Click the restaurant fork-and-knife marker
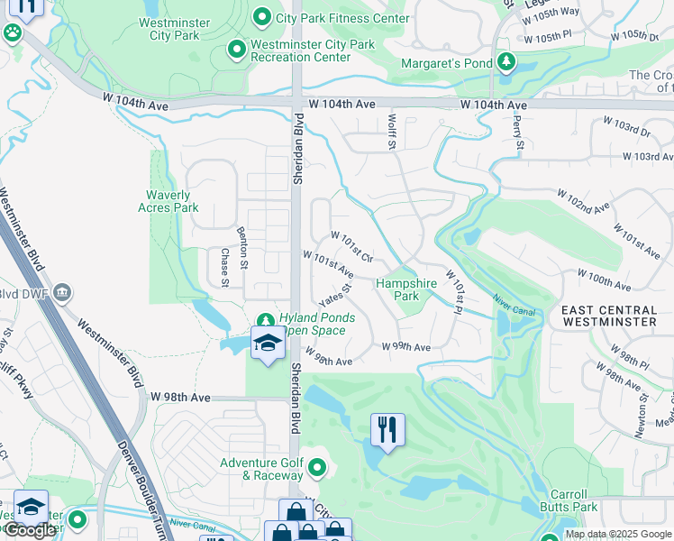(387, 431)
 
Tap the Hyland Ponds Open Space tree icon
(266, 319)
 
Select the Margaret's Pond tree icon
(507, 62)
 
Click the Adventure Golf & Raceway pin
(316, 468)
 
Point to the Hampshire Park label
(405, 289)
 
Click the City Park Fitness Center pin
(262, 16)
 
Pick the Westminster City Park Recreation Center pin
(237, 50)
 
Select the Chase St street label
(224, 269)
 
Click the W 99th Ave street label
(405, 347)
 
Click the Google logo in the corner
(30, 530)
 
